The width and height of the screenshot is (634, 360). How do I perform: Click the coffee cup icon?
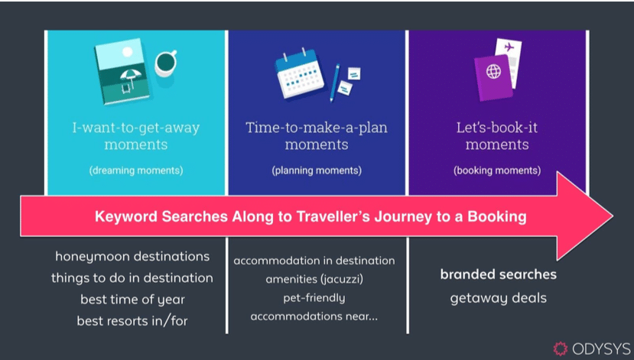click(165, 63)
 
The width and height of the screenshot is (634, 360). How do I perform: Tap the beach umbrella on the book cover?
click(131, 76)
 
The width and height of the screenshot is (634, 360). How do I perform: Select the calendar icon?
click(299, 74)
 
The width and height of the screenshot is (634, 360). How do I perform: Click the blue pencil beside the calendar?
click(334, 83)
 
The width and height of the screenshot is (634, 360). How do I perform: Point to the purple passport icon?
click(493, 77)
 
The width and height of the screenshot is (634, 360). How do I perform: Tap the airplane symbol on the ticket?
click(509, 47)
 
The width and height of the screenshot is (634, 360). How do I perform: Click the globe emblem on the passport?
click(493, 72)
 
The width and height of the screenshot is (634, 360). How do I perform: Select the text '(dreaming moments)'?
click(136, 170)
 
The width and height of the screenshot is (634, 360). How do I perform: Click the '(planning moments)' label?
click(317, 170)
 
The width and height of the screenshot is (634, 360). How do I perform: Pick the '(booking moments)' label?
click(497, 170)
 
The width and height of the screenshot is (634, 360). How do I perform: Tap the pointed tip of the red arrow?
click(613, 216)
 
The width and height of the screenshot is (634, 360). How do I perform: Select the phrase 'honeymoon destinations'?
click(132, 257)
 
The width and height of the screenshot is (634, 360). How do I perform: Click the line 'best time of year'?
click(132, 300)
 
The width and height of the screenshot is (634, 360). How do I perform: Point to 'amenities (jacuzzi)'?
click(314, 279)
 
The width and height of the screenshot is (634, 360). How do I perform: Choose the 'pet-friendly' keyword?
click(314, 298)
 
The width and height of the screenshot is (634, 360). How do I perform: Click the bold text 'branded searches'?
click(498, 274)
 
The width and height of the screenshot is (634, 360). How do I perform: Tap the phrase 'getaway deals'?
click(498, 298)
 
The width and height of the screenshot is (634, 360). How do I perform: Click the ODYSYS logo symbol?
click(561, 349)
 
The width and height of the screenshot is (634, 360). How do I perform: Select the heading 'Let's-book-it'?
click(497, 128)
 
